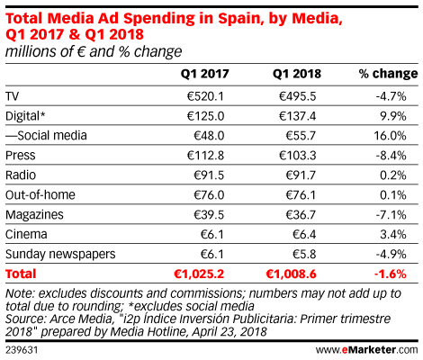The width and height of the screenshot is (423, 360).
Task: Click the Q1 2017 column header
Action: (204, 74)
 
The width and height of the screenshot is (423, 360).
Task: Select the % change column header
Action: (388, 74)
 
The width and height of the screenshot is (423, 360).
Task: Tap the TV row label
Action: (12, 96)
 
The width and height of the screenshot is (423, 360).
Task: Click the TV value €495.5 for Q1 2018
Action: (297, 96)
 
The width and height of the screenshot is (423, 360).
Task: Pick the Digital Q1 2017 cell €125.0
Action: (205, 116)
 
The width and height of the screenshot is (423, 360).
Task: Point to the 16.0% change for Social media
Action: (390, 136)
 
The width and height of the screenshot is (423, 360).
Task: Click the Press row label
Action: (21, 156)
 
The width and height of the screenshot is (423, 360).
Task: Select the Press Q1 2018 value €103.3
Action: (297, 156)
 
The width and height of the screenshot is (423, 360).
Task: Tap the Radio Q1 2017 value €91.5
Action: (209, 175)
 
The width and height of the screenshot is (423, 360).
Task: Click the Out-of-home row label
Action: (40, 195)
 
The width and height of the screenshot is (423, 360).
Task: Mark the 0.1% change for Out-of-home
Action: (393, 195)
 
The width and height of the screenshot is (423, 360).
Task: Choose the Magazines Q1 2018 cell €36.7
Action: (301, 215)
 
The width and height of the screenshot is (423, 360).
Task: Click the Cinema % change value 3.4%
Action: (393, 234)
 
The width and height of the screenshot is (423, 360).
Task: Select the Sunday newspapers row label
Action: (60, 255)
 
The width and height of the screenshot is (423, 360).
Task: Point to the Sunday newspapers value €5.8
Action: (304, 254)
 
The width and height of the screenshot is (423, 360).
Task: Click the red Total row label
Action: (21, 274)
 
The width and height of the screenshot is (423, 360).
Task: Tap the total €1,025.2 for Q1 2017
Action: (199, 274)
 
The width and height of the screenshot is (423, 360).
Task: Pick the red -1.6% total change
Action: (390, 274)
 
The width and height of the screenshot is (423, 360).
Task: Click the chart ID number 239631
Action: (22, 350)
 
